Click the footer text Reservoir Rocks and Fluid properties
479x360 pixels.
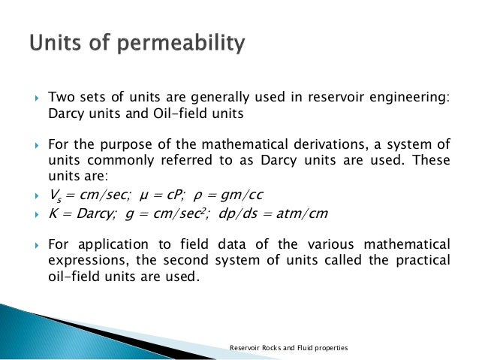coord(289,348)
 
